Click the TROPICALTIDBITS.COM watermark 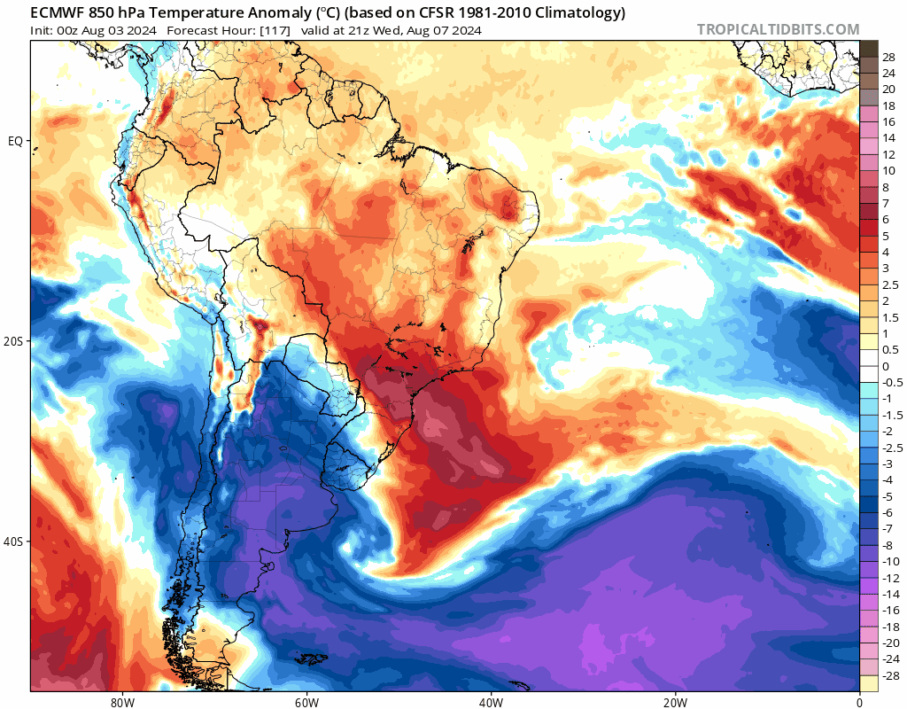778,29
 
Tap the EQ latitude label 15,141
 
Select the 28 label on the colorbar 888,57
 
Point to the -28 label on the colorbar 889,676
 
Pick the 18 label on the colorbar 888,105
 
